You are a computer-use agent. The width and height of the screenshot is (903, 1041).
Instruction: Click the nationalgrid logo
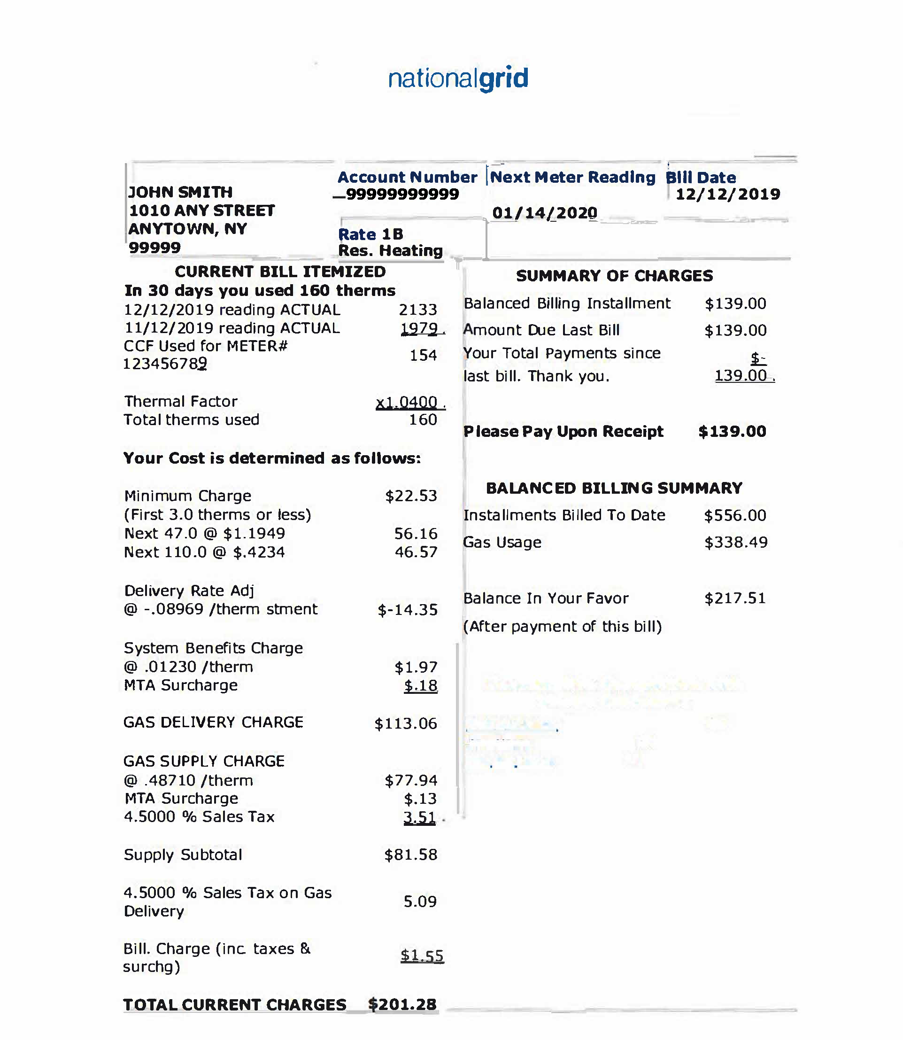[x=458, y=78]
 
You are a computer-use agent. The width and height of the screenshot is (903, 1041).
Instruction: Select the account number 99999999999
[x=402, y=194]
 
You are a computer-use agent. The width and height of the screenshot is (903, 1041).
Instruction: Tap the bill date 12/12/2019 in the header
[x=728, y=194]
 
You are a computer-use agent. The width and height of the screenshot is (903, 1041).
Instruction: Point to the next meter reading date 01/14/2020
[x=545, y=213]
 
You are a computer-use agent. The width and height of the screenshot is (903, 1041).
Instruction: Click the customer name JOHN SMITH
[x=180, y=192]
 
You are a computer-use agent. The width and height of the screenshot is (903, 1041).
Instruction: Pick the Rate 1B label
[x=371, y=234]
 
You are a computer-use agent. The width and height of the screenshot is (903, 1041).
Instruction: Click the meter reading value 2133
[x=418, y=310]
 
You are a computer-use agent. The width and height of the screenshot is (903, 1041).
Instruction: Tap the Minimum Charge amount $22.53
[x=411, y=496]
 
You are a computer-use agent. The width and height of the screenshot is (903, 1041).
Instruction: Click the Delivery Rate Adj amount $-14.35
[x=408, y=610]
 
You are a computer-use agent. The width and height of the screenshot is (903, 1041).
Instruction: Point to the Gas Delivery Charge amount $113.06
[x=406, y=724]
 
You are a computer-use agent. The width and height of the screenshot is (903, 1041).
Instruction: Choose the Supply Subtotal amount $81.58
[x=411, y=855]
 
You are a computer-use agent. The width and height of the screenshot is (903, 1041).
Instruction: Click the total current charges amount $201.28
[x=402, y=1005]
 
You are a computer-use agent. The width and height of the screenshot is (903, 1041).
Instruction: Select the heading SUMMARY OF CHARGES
[x=614, y=276]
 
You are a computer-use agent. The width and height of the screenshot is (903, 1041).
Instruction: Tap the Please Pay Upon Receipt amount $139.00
[x=732, y=432]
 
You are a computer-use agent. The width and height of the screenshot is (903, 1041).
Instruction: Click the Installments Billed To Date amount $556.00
[x=735, y=515]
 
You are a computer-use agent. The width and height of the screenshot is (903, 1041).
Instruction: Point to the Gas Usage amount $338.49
[x=736, y=543]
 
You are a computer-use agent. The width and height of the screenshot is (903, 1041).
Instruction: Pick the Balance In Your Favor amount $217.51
[x=735, y=598]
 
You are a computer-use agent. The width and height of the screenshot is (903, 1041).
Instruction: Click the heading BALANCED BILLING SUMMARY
[x=614, y=488]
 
